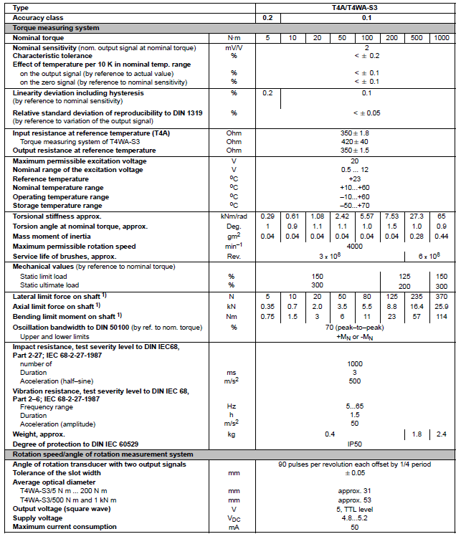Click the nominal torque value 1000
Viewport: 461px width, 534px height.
441,37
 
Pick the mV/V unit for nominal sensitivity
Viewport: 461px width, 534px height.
234,47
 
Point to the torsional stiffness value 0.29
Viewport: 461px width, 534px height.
267,216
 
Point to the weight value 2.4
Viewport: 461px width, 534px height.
441,434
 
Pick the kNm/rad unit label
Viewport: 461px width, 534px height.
234,216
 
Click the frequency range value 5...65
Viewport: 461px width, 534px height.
356,405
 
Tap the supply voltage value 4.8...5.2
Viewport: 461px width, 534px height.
356,517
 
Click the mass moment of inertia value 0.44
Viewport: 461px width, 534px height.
441,237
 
